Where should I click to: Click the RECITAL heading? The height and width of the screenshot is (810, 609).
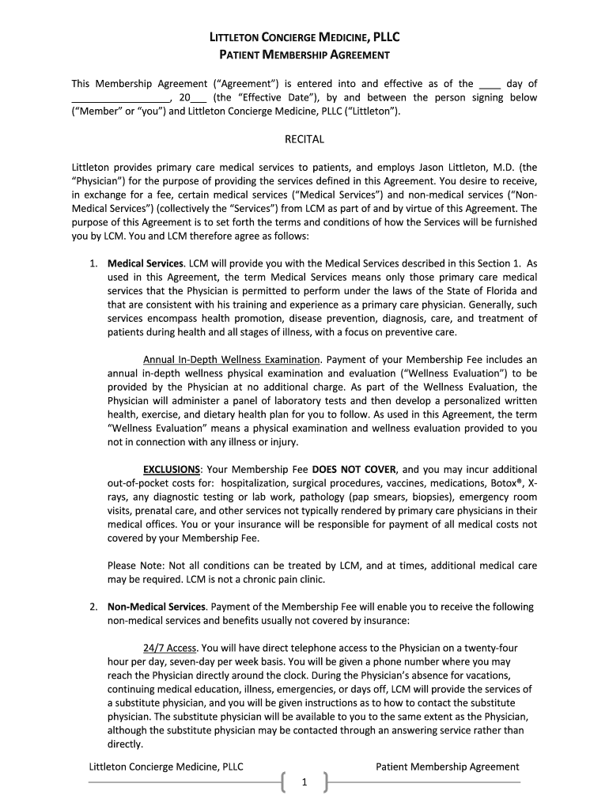(x=304, y=139)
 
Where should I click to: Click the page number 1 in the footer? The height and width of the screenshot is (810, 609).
(x=304, y=783)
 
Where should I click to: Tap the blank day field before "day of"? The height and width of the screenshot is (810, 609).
(x=490, y=84)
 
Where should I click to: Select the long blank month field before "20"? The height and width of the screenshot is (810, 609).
(x=121, y=98)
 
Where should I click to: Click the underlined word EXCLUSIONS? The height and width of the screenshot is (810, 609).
(x=172, y=469)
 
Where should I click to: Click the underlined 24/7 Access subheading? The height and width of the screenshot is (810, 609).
(x=169, y=648)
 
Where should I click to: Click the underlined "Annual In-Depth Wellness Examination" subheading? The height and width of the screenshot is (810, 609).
(x=232, y=359)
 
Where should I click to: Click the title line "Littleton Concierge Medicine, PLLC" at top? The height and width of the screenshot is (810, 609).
(x=304, y=37)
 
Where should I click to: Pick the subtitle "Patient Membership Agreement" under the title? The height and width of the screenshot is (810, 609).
(x=304, y=55)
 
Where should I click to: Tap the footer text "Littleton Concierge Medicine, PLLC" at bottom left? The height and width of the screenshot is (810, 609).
(x=165, y=766)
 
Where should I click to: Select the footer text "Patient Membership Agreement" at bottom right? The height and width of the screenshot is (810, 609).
(x=448, y=766)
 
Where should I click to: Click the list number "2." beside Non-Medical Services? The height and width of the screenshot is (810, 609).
(x=93, y=607)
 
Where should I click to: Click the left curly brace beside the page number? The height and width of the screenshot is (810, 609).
(x=282, y=782)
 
